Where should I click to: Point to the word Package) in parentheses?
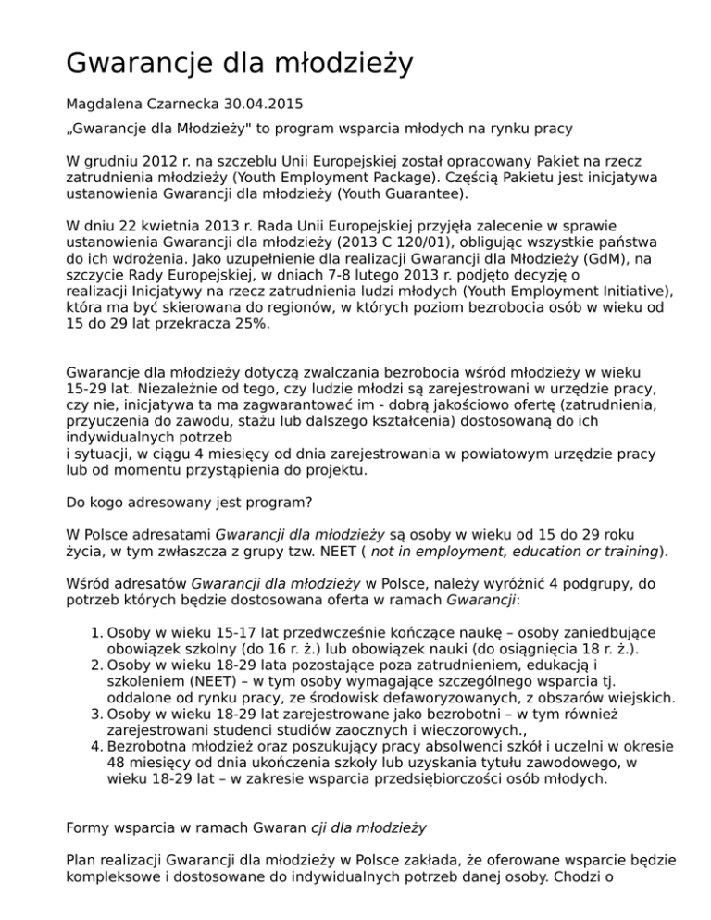430,180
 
